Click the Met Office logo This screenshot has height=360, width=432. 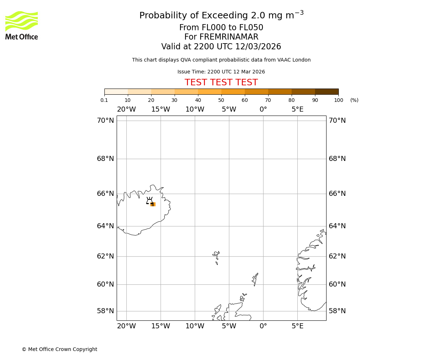(22, 25)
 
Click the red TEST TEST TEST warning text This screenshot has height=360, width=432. (221, 82)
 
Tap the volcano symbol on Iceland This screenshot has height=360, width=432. (149, 201)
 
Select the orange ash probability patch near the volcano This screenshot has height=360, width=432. (153, 204)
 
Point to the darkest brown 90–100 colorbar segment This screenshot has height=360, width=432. (327, 91)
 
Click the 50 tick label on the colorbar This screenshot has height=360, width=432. (221, 100)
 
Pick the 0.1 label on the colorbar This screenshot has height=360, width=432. (104, 100)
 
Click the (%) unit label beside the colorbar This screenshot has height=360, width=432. (354, 100)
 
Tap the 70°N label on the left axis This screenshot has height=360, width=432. (105, 120)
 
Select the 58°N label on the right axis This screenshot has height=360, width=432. (337, 311)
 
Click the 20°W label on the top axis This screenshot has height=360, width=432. (126, 109)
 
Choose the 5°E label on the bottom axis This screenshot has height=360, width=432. (297, 326)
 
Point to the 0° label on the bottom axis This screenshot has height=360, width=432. (263, 326)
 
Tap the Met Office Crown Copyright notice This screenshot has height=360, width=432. (59, 349)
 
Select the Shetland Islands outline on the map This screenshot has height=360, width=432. (255, 279)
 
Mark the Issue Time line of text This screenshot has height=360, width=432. (221, 72)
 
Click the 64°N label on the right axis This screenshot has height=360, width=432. (337, 226)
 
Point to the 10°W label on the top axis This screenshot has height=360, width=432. (195, 109)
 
